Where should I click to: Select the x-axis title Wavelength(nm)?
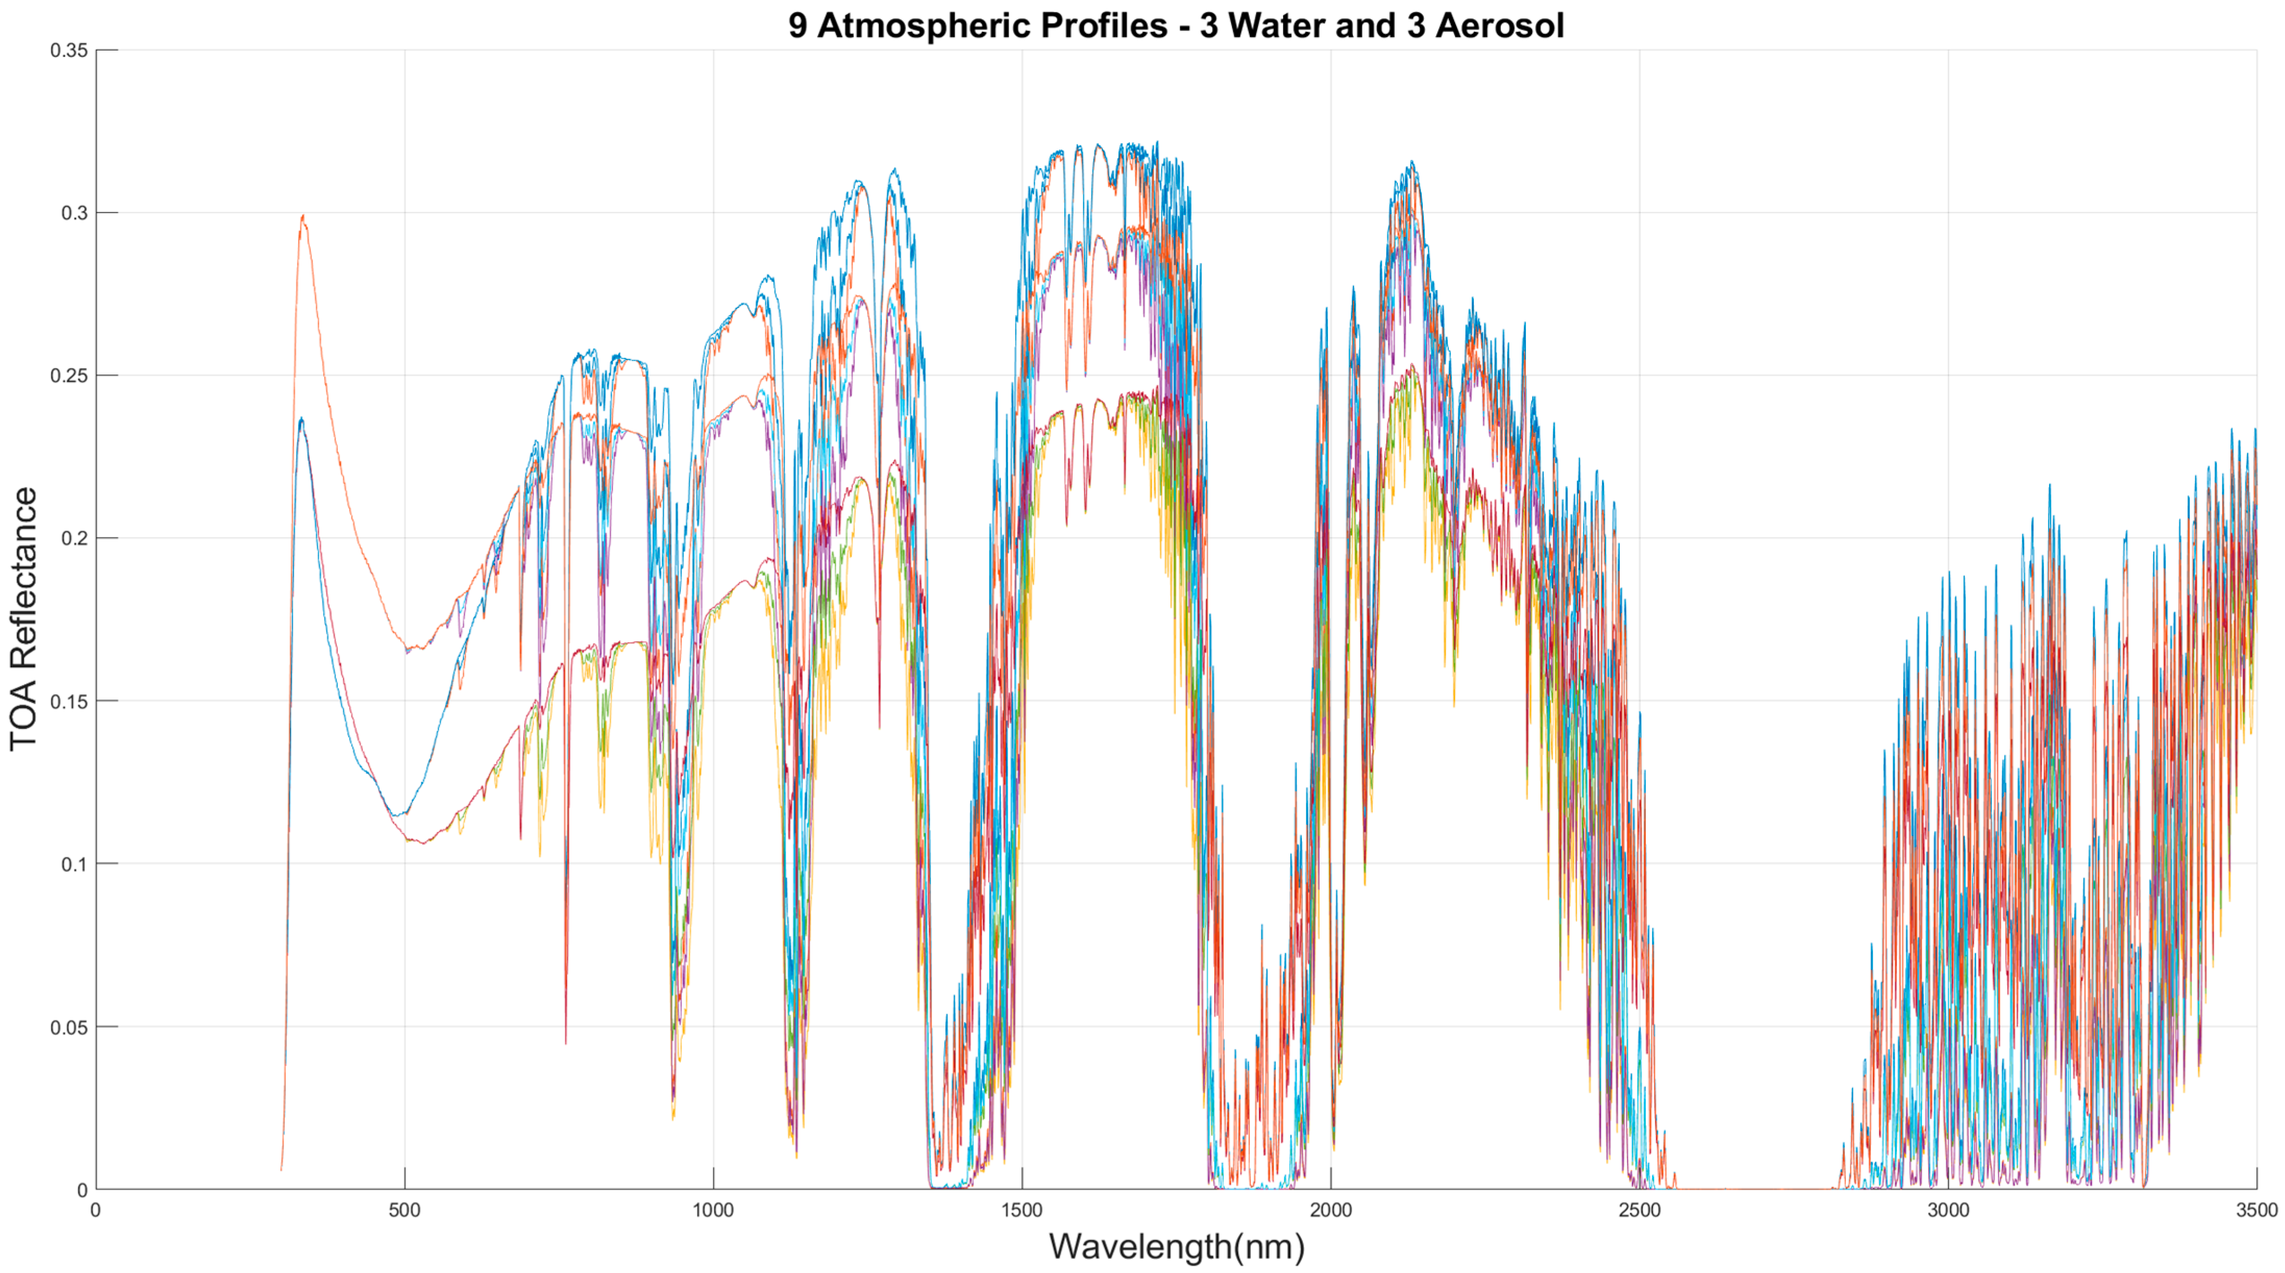point(1176,1246)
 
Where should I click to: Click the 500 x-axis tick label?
point(404,1210)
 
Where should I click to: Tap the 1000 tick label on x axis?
point(713,1210)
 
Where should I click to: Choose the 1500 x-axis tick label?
point(1022,1210)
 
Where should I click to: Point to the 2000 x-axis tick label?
point(1331,1210)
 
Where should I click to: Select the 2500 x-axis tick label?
point(1639,1210)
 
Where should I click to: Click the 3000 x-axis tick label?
point(1948,1210)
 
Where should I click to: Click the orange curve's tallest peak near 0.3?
point(303,216)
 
